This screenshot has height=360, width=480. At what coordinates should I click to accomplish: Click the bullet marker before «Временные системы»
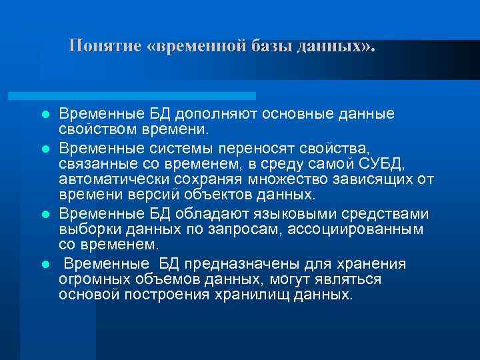tap(45, 145)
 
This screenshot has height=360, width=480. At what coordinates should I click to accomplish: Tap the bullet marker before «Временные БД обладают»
tap(45, 215)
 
